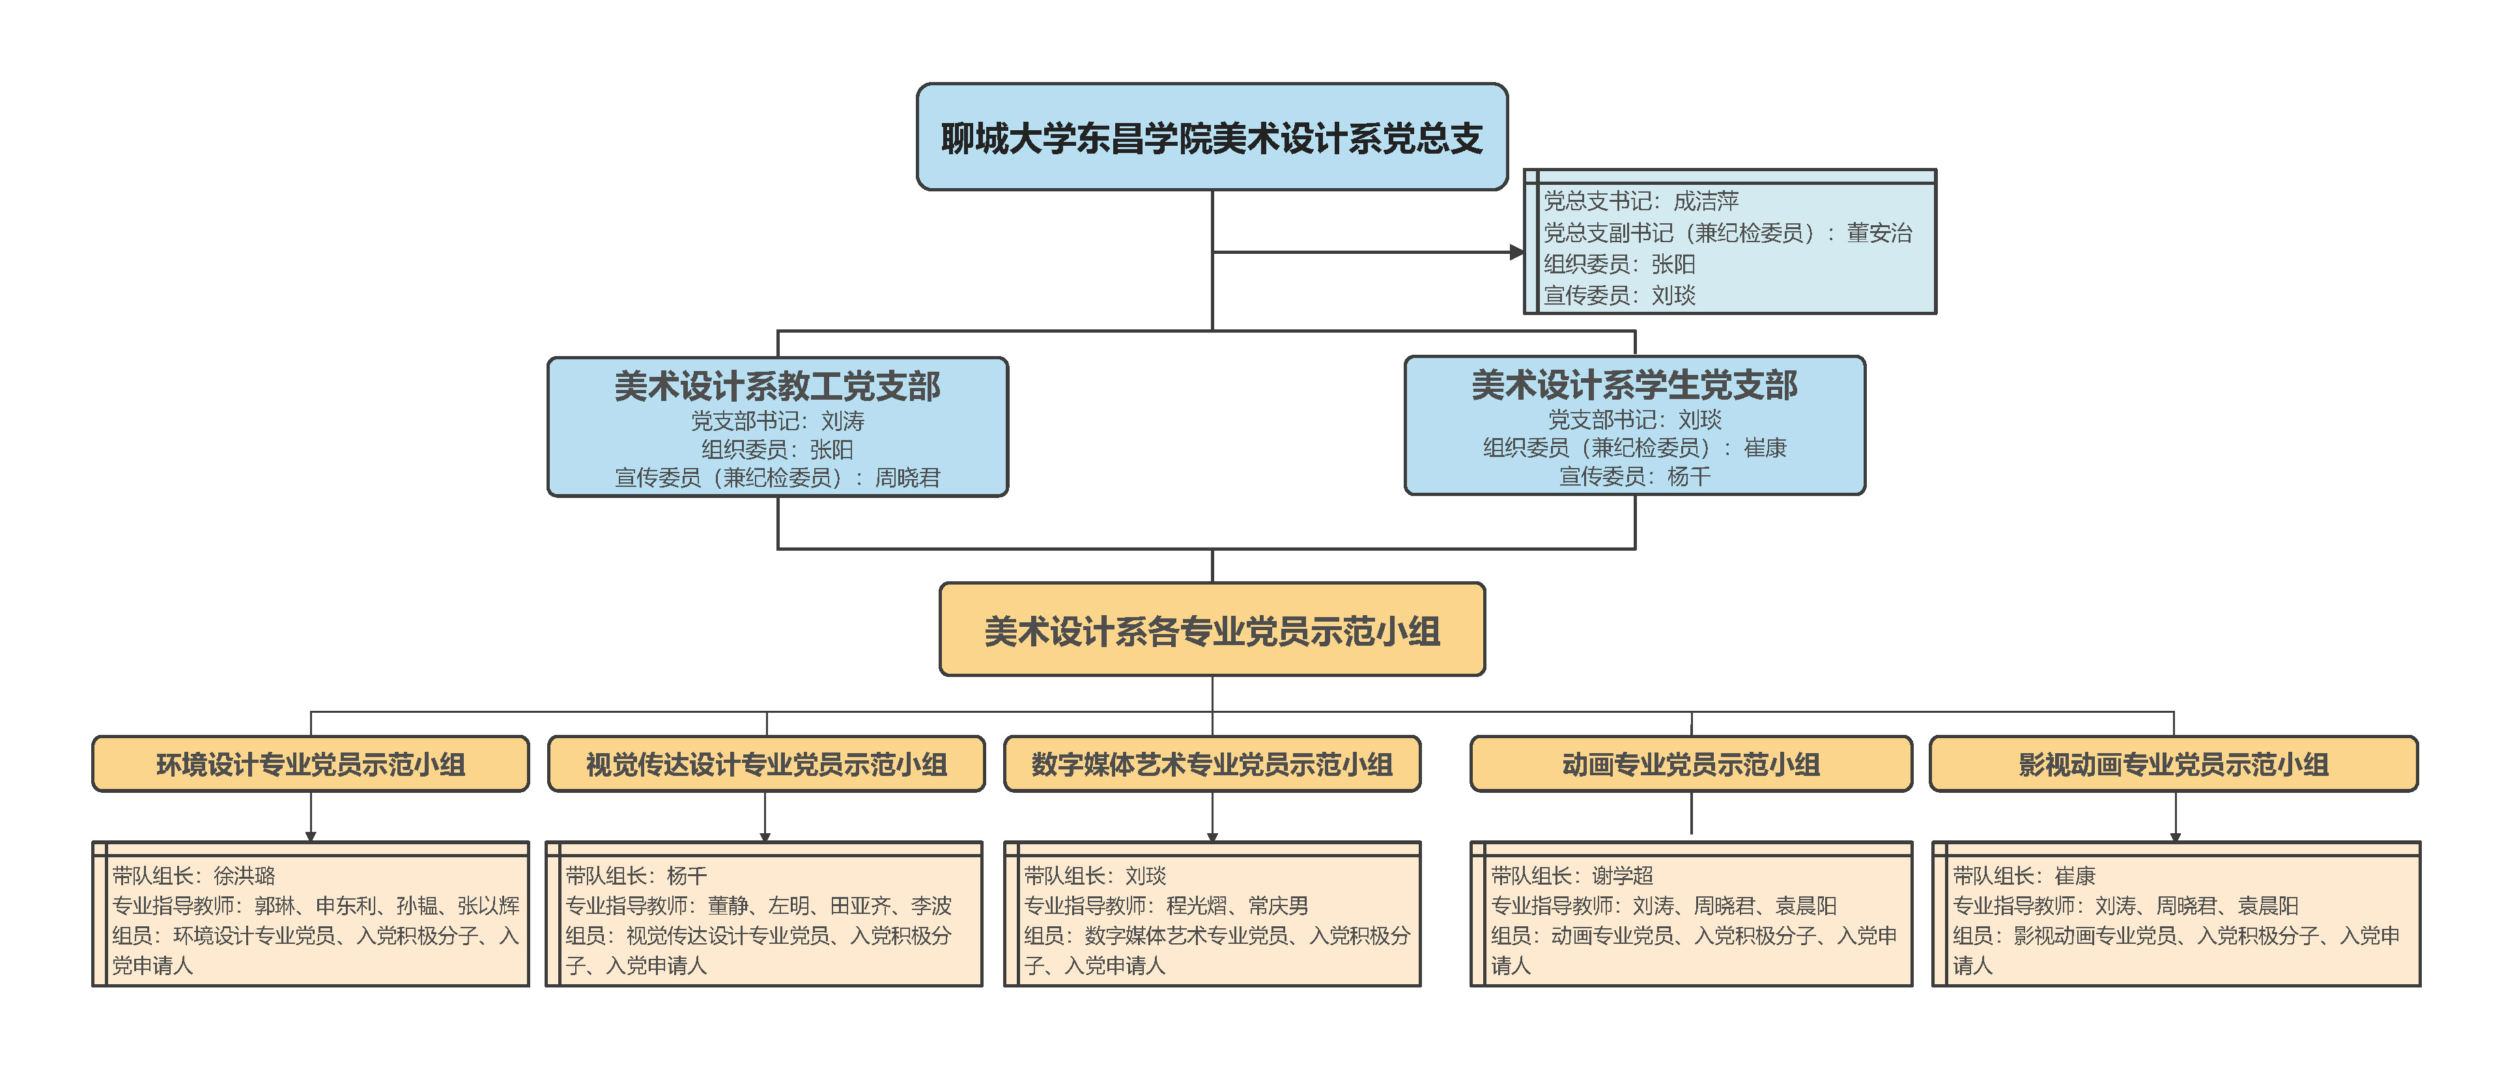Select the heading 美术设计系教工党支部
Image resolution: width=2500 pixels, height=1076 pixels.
(776, 386)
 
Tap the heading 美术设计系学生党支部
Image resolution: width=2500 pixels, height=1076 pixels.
(1634, 385)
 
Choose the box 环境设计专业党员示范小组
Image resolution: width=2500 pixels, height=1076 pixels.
(311, 765)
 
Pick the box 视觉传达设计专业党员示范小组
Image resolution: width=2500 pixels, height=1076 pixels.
(766, 765)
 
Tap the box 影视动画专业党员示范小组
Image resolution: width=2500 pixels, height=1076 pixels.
(2173, 765)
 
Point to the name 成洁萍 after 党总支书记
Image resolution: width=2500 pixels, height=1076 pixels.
(1706, 202)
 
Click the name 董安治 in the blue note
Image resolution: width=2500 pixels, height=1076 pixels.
(1879, 233)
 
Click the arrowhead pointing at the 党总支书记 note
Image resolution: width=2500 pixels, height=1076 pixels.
(1517, 253)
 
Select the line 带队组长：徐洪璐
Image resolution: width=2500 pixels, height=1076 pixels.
(194, 876)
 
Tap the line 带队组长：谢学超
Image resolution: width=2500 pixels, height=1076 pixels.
(1572, 876)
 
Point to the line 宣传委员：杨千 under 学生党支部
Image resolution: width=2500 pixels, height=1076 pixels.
(1634, 476)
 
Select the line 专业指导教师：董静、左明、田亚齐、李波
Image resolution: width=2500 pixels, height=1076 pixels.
(758, 906)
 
